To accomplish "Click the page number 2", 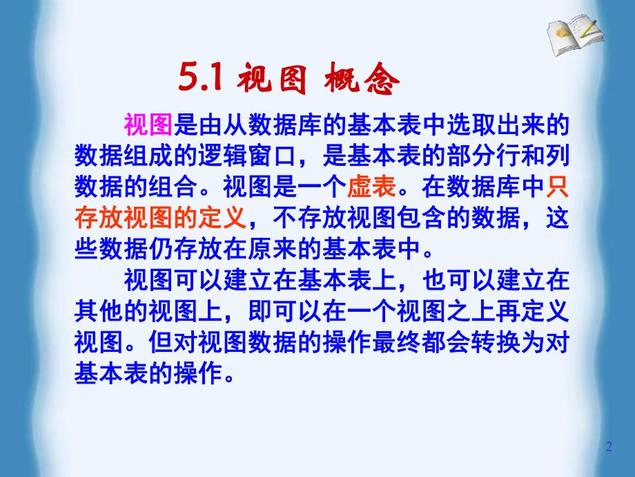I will tap(609, 447).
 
